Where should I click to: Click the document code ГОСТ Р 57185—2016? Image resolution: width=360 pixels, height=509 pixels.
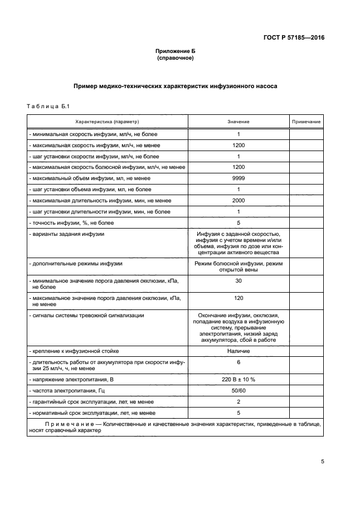coord(294,38)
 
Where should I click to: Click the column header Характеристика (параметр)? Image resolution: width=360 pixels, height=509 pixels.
coord(107,122)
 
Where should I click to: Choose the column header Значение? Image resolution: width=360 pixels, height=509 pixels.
coord(238,122)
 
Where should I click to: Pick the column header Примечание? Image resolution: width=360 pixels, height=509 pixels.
coord(306,122)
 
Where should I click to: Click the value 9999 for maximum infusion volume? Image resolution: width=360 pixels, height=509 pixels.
coord(238,178)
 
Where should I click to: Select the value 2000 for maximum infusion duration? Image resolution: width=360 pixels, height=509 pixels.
coord(238,200)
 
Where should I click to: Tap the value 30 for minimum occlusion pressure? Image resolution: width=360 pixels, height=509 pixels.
coord(238,280)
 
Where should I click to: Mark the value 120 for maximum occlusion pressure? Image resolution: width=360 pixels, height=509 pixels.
coord(238,298)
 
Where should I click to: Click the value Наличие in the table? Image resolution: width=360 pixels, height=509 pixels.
coord(238,351)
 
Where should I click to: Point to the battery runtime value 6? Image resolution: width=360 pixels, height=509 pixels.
coord(238,362)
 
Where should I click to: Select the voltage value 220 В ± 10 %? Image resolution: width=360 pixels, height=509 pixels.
coord(238,379)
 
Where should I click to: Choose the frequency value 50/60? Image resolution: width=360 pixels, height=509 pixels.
coord(238,390)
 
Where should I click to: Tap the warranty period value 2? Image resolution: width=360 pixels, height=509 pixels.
coord(238,401)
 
